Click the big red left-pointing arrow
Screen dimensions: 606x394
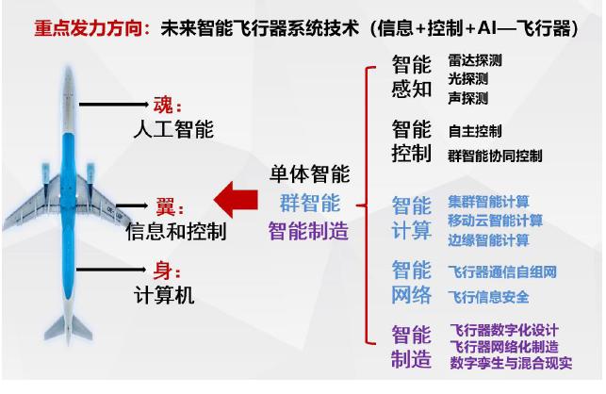tap(236, 200)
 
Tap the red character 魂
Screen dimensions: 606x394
tap(163, 105)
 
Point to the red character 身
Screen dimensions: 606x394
tap(163, 271)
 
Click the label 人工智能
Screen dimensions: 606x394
tap(173, 129)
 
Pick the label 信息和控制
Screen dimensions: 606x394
tap(176, 231)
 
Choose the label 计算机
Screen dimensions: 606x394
tap(164, 295)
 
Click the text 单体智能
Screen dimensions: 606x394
tap(309, 173)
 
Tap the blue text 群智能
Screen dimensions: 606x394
tap(310, 203)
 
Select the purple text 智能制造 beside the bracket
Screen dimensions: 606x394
tap(308, 231)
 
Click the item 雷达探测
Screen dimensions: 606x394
tap(475, 60)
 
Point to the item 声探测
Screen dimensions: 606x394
tap(468, 98)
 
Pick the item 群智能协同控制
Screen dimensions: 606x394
tap(495, 156)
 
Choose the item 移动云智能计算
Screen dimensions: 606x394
tap(496, 221)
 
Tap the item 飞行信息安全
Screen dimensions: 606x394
tap(488, 297)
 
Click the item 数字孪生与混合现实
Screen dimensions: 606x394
tap(511, 363)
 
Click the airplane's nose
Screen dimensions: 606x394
tap(69, 72)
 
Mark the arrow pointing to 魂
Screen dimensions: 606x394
tap(114, 104)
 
